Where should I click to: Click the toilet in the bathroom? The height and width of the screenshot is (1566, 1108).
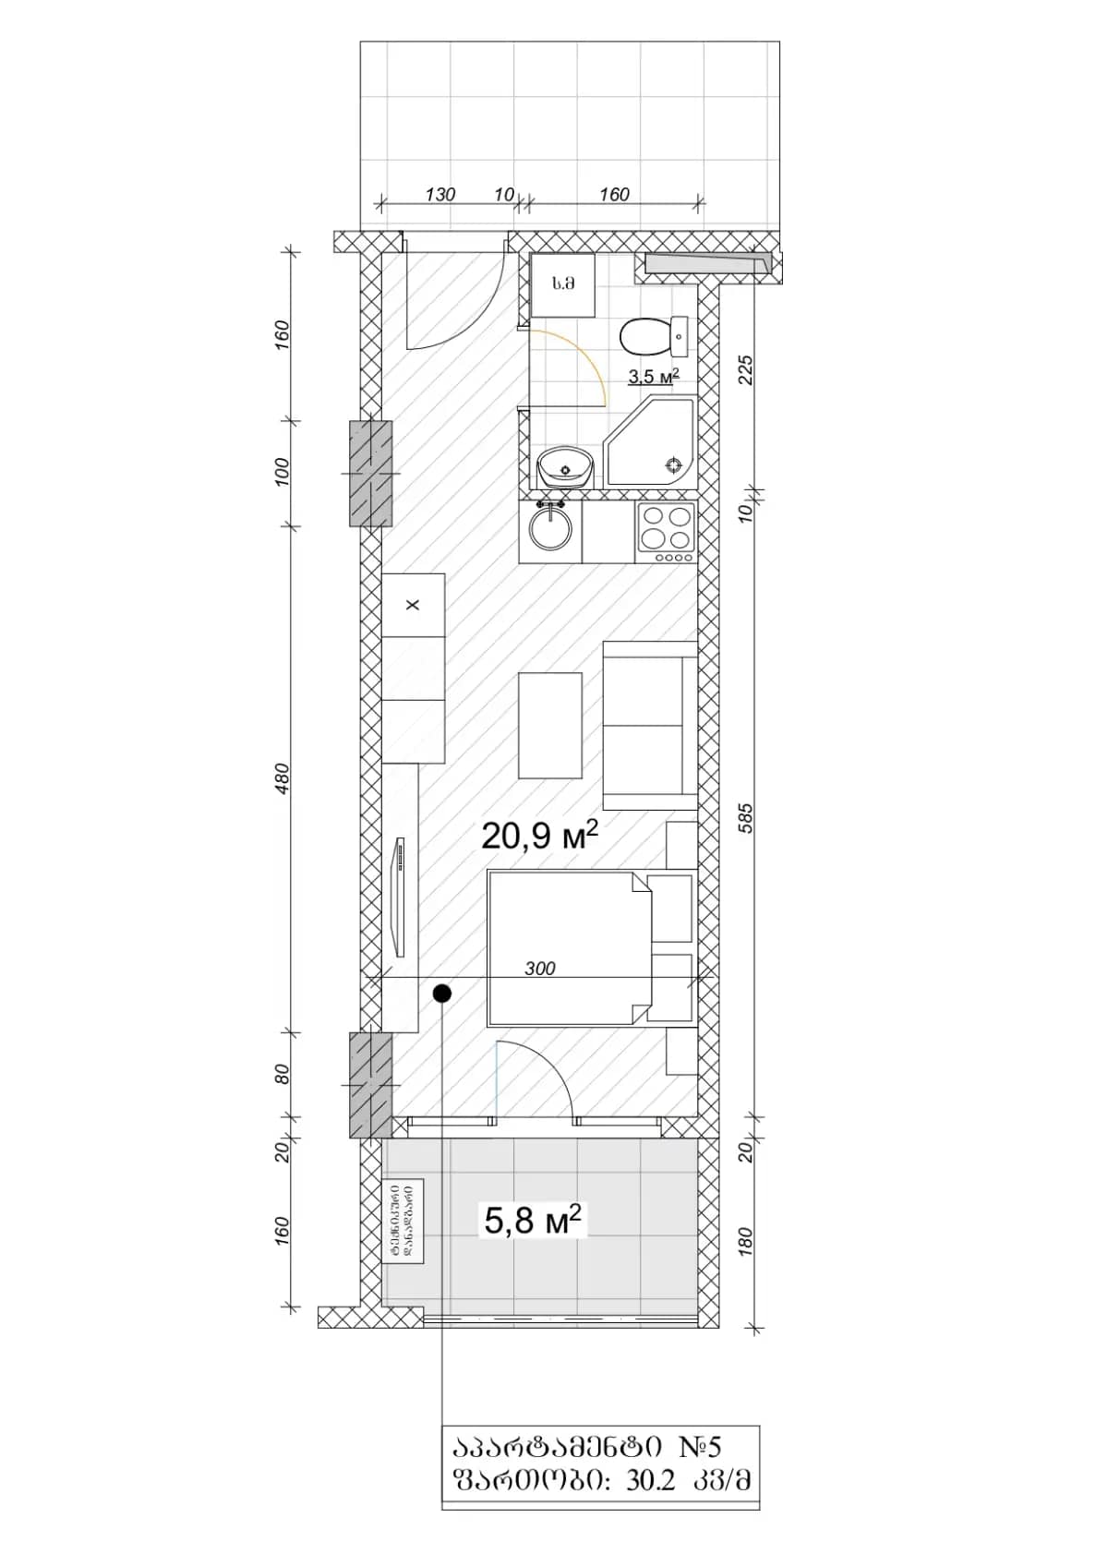pyautogui.click(x=646, y=336)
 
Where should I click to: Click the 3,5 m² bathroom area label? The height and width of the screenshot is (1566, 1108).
pyautogui.click(x=654, y=376)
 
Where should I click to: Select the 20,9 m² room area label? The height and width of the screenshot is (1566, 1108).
pyautogui.click(x=539, y=836)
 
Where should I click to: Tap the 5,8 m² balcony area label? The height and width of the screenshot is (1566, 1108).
pyautogui.click(x=533, y=1220)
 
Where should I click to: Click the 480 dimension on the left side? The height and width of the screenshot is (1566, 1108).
pyautogui.click(x=283, y=777)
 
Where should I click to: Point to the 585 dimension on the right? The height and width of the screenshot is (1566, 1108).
pyautogui.click(x=746, y=818)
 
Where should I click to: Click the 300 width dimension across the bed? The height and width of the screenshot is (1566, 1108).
pyautogui.click(x=540, y=969)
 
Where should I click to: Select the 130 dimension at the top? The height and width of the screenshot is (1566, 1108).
pyautogui.click(x=440, y=195)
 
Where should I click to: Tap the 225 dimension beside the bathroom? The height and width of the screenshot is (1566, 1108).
pyautogui.click(x=746, y=369)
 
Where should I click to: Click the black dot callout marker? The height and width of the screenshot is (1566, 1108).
pyautogui.click(x=442, y=994)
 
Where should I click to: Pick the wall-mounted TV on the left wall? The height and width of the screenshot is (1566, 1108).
pyautogui.click(x=399, y=897)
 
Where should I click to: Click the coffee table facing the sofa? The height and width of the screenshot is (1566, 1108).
pyautogui.click(x=550, y=726)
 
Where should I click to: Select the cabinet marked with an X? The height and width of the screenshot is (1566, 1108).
pyautogui.click(x=413, y=605)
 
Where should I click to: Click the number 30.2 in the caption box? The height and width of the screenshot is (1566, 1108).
pyautogui.click(x=650, y=1481)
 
